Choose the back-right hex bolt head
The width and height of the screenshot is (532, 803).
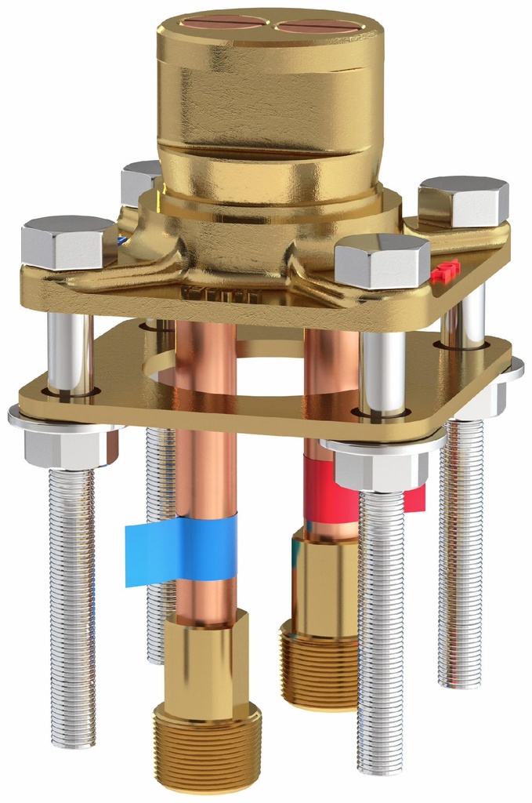[x=464, y=200]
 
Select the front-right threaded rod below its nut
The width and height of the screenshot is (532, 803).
[x=382, y=627]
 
